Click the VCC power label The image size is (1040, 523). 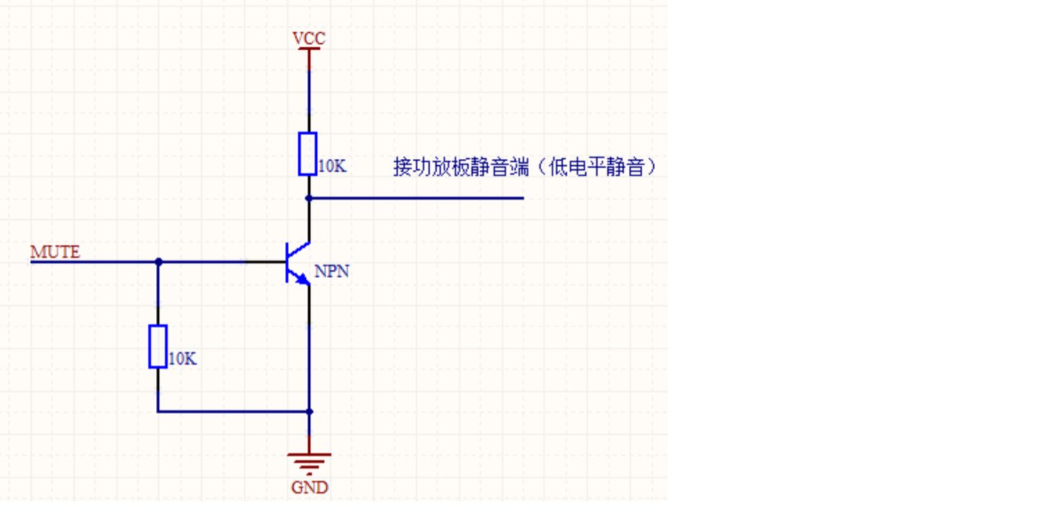pos(309,38)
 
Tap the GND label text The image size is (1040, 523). pos(310,488)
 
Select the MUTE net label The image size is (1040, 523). pos(55,252)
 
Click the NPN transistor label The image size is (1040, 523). pos(331,271)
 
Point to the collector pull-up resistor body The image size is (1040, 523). pos(308,154)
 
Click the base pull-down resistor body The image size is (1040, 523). pos(158,347)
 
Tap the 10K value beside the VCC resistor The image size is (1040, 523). pos(332,166)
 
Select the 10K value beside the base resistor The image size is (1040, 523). pos(182,359)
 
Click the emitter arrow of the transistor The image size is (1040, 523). pos(303,279)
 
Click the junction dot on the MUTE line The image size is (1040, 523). pos(158,262)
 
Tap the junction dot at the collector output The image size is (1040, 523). pos(309,198)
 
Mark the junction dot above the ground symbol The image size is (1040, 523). pos(310,411)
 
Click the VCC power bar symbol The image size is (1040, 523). pos(309,49)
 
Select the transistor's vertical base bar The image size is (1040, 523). pos(287,262)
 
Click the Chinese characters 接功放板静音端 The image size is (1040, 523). pos(460,166)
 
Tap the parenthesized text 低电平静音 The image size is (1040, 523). pos(596,166)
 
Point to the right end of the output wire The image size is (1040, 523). pos(523,198)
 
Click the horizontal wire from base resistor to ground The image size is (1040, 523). pos(234,411)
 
